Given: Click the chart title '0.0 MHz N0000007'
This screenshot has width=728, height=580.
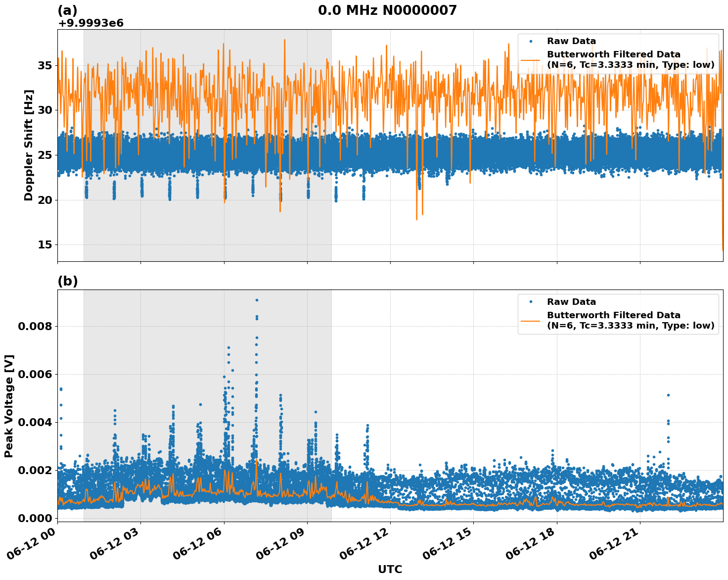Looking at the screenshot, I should [x=387, y=10].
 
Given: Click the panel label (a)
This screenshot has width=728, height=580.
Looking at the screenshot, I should [x=68, y=10].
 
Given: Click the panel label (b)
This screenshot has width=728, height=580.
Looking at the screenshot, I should [x=68, y=281].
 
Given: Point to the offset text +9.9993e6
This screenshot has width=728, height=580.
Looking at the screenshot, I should [x=91, y=23].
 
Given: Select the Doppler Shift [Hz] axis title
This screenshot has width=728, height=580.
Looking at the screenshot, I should [x=29, y=145].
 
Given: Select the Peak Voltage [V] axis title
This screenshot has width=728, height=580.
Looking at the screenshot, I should [x=9, y=406].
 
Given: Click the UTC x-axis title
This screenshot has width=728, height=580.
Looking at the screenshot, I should [x=390, y=569].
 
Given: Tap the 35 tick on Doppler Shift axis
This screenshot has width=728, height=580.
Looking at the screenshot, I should [x=45, y=65].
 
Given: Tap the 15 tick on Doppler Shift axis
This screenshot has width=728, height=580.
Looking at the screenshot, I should [x=45, y=245].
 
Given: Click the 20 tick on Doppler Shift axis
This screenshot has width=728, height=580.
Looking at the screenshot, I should [x=45, y=200].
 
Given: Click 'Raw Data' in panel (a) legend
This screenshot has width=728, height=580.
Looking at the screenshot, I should [x=571, y=41].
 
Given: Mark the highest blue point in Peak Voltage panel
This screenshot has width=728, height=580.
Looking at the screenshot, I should [x=257, y=300].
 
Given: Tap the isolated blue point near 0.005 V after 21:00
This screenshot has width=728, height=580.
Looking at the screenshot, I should [x=668, y=395].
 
